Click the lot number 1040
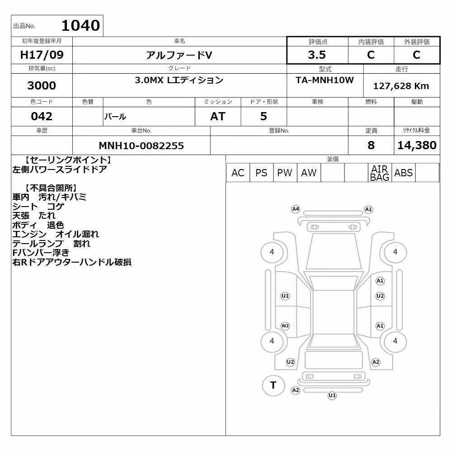point(81,25)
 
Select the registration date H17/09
point(42,55)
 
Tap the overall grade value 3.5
point(317,55)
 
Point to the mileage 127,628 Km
point(401,86)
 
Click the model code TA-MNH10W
point(325,80)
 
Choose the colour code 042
point(42,116)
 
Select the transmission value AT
point(218,117)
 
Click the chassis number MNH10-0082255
point(141,146)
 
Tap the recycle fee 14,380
point(417,145)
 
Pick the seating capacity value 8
point(371,145)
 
